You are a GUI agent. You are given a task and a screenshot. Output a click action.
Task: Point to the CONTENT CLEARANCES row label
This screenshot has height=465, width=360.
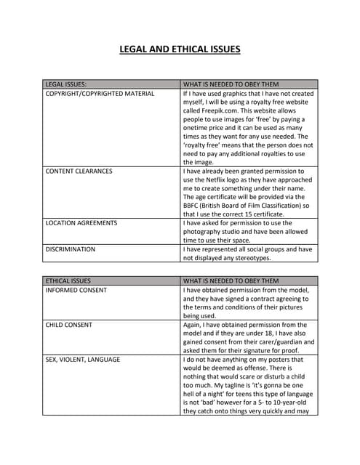pos(79,171)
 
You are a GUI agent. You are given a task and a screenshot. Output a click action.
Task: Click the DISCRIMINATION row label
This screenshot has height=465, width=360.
pos(70,249)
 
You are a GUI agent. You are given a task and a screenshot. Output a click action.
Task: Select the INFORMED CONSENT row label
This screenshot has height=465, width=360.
pos(76,290)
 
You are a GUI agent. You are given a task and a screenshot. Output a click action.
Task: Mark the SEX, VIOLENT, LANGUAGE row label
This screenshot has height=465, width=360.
pos(82,360)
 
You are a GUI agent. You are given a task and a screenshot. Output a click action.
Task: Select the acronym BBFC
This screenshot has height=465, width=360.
pos(195,206)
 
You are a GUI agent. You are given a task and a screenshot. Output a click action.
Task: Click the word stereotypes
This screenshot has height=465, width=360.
pos(249,258)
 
